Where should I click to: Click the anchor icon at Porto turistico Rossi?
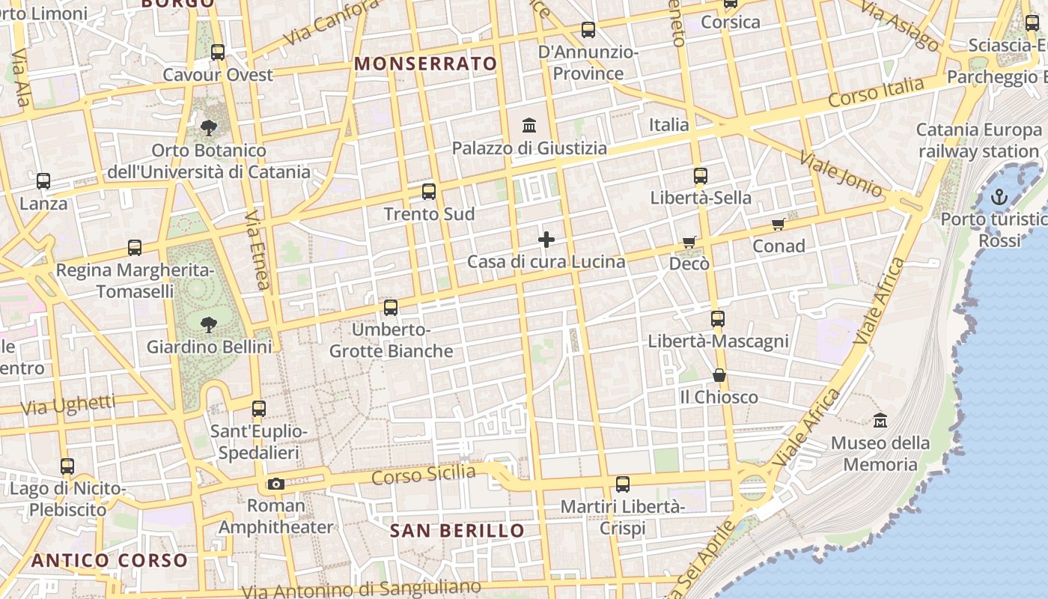click(999, 197)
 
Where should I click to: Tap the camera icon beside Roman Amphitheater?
click(276, 484)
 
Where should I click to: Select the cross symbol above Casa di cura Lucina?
click(546, 240)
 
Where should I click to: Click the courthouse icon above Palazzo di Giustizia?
click(529, 125)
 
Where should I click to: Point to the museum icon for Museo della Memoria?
click(880, 420)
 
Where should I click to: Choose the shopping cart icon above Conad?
click(779, 224)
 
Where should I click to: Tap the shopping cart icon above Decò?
click(689, 242)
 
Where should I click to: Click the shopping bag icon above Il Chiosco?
click(719, 374)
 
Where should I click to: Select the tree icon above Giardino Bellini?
click(209, 324)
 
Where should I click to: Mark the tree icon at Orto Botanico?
click(209, 128)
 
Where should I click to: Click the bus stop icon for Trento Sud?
click(429, 192)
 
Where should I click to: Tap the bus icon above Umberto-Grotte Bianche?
click(391, 307)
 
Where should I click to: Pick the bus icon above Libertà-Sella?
click(701, 176)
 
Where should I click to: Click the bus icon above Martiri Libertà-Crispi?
click(623, 484)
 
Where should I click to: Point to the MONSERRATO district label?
click(426, 64)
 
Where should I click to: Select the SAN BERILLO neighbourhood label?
click(457, 531)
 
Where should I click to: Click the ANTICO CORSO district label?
click(109, 560)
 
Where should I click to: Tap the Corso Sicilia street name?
click(423, 474)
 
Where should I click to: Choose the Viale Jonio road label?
click(841, 174)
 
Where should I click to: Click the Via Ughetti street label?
click(68, 405)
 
